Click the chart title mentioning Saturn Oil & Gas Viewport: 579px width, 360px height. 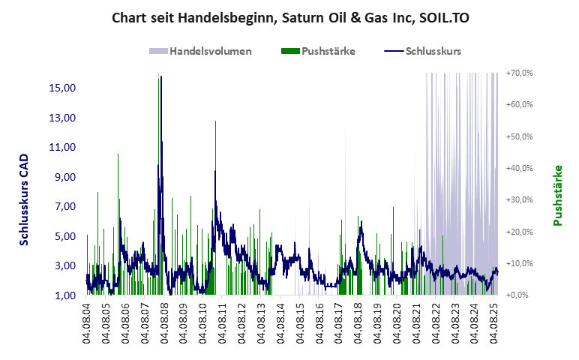(x=290, y=16)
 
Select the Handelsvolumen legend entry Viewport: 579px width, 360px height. (x=209, y=52)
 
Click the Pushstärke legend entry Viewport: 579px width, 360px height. (x=328, y=52)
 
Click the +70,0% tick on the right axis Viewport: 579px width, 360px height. (x=519, y=73)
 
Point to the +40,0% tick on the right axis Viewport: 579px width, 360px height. (x=519, y=168)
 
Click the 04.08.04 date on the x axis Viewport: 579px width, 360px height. (x=87, y=323)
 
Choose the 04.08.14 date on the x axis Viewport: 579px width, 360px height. (x=280, y=323)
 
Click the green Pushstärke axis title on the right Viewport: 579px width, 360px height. (x=558, y=195)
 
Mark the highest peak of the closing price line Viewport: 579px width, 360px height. (x=160, y=76)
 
